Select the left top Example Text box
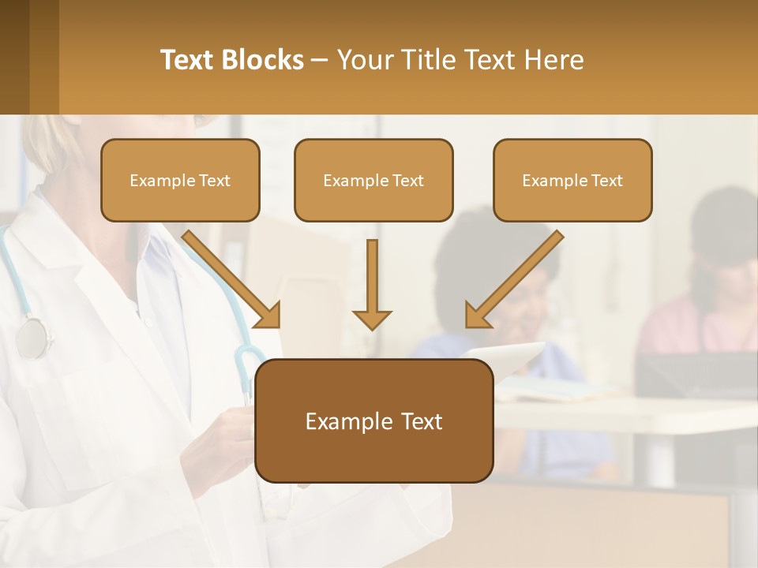pos(180,180)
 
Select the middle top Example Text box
pos(373,180)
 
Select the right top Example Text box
pos(572,180)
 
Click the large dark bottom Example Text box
pos(373,420)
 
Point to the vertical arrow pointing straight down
pos(372,284)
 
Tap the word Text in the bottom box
pos(418,421)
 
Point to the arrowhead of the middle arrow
pos(372,319)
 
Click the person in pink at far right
pos(703,316)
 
